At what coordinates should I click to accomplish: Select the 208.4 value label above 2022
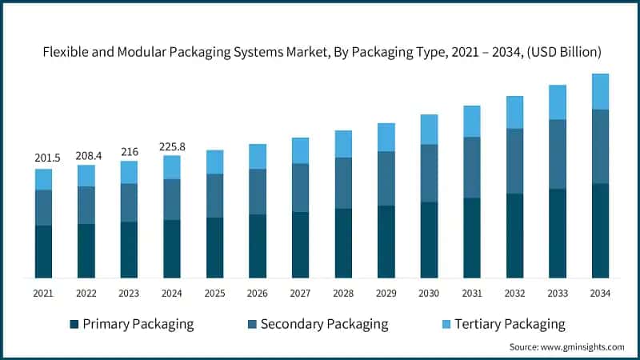(86, 154)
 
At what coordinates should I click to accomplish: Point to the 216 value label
(129, 150)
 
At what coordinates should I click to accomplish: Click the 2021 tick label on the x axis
(43, 294)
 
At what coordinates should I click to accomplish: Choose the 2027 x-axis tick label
(300, 294)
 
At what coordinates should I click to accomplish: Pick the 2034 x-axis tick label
(600, 294)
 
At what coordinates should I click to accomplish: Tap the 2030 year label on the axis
(429, 294)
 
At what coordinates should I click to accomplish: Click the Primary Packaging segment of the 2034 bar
(600, 230)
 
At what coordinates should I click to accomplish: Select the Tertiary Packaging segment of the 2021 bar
(43, 179)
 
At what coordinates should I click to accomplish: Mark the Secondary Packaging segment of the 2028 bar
(343, 183)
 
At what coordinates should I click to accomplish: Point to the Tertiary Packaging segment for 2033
(558, 102)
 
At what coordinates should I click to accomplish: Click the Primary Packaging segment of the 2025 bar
(214, 247)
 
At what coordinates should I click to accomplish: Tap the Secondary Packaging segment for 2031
(472, 167)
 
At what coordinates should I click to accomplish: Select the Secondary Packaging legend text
(324, 324)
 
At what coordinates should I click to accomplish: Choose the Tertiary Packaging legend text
(510, 324)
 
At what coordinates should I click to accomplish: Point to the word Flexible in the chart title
(66, 51)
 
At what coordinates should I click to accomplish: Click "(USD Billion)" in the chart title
(563, 51)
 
